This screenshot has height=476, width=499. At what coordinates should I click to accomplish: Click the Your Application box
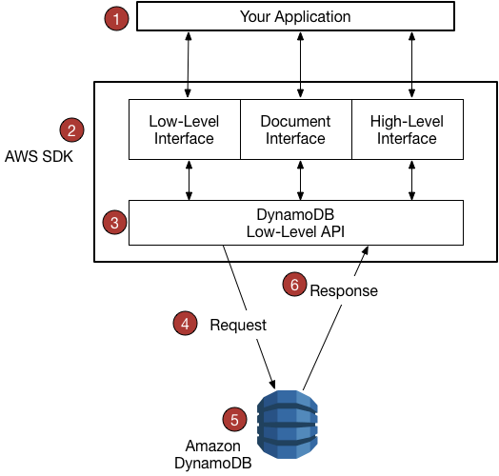click(295, 17)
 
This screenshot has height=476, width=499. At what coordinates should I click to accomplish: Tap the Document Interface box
click(295, 129)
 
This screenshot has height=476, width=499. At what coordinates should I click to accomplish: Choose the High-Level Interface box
click(407, 129)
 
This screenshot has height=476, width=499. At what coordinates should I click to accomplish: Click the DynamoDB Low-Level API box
click(295, 222)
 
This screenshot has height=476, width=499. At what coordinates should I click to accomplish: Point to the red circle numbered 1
click(116, 17)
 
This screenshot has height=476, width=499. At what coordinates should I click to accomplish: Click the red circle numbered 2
click(70, 129)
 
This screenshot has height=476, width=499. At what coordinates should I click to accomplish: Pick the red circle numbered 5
click(233, 418)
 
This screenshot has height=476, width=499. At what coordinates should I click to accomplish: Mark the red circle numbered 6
click(296, 284)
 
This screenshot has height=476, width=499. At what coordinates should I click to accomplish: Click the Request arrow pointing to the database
click(249, 314)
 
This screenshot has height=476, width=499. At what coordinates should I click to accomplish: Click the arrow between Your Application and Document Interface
click(301, 65)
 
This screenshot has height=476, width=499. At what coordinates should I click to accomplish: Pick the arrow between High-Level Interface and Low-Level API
click(411, 179)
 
